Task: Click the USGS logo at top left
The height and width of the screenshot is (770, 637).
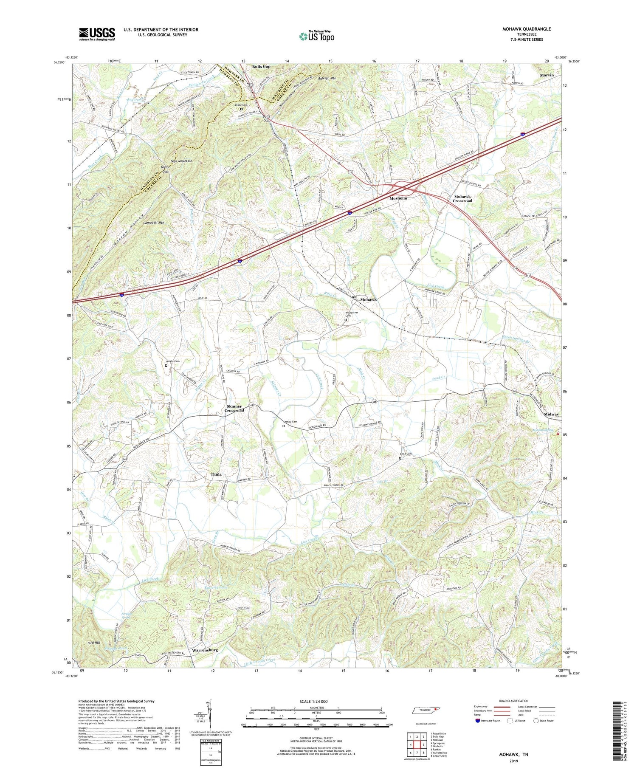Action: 97,34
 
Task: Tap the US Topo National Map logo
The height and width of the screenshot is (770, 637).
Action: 316,36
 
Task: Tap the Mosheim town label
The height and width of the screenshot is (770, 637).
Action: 398,198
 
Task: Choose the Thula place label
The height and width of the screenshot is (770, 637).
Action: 216,474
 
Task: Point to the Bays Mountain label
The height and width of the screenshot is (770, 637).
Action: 181,161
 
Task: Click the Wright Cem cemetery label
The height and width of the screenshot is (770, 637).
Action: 172,361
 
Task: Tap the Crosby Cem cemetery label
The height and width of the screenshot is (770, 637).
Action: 290,422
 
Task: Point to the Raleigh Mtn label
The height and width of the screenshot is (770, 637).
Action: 327,79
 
